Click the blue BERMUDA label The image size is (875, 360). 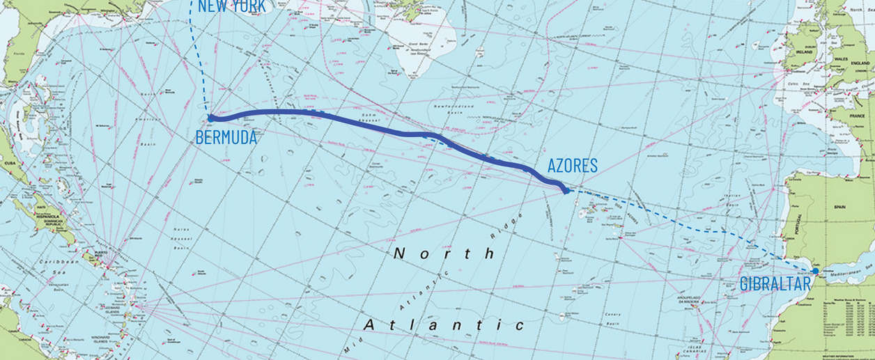click(x=226, y=137)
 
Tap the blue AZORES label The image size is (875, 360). click(x=572, y=166)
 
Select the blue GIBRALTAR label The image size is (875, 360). click(x=775, y=284)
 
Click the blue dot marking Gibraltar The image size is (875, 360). click(x=815, y=271)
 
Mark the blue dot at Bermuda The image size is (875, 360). click(x=210, y=118)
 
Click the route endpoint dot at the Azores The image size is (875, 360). click(x=567, y=189)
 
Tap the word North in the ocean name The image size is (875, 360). click(x=444, y=253)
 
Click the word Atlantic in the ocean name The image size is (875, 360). click(x=444, y=325)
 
